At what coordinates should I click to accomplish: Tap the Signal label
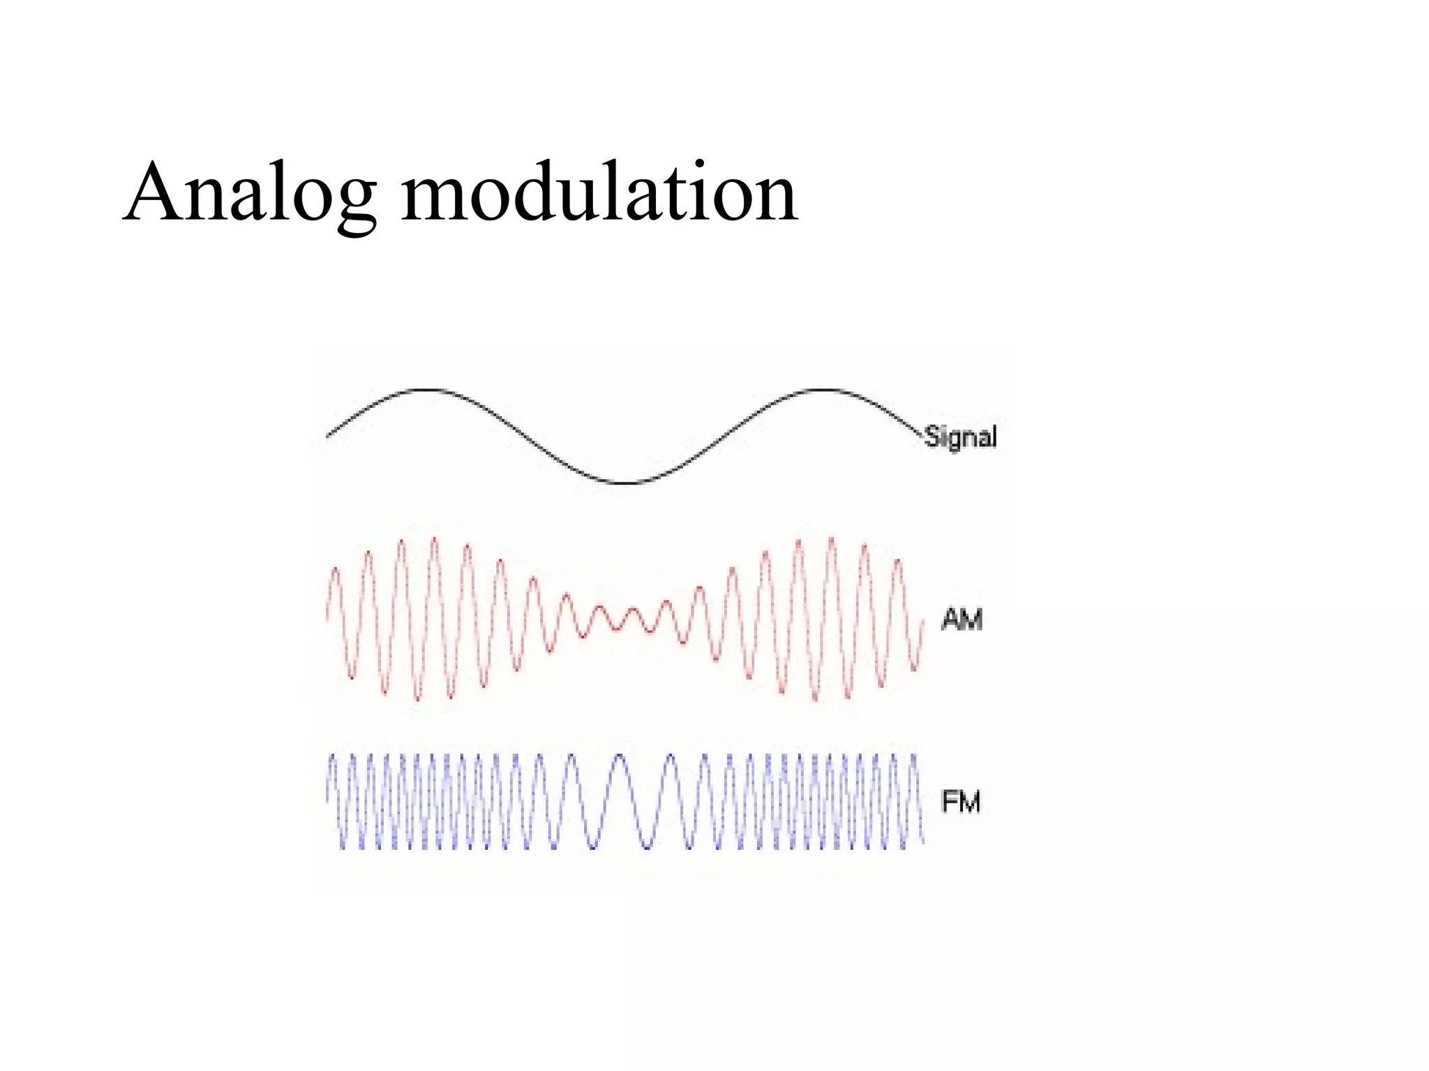click(961, 437)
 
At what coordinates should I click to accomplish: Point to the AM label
click(962, 619)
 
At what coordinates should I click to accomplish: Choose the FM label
click(961, 802)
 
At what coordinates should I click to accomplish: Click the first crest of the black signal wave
click(427, 390)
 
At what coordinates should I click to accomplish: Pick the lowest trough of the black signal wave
click(627, 483)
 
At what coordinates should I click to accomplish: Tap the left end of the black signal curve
click(328, 436)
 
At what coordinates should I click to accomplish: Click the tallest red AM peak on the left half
click(434, 538)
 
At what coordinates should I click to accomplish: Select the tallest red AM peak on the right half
click(830, 538)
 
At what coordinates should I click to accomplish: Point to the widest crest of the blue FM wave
click(619, 756)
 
